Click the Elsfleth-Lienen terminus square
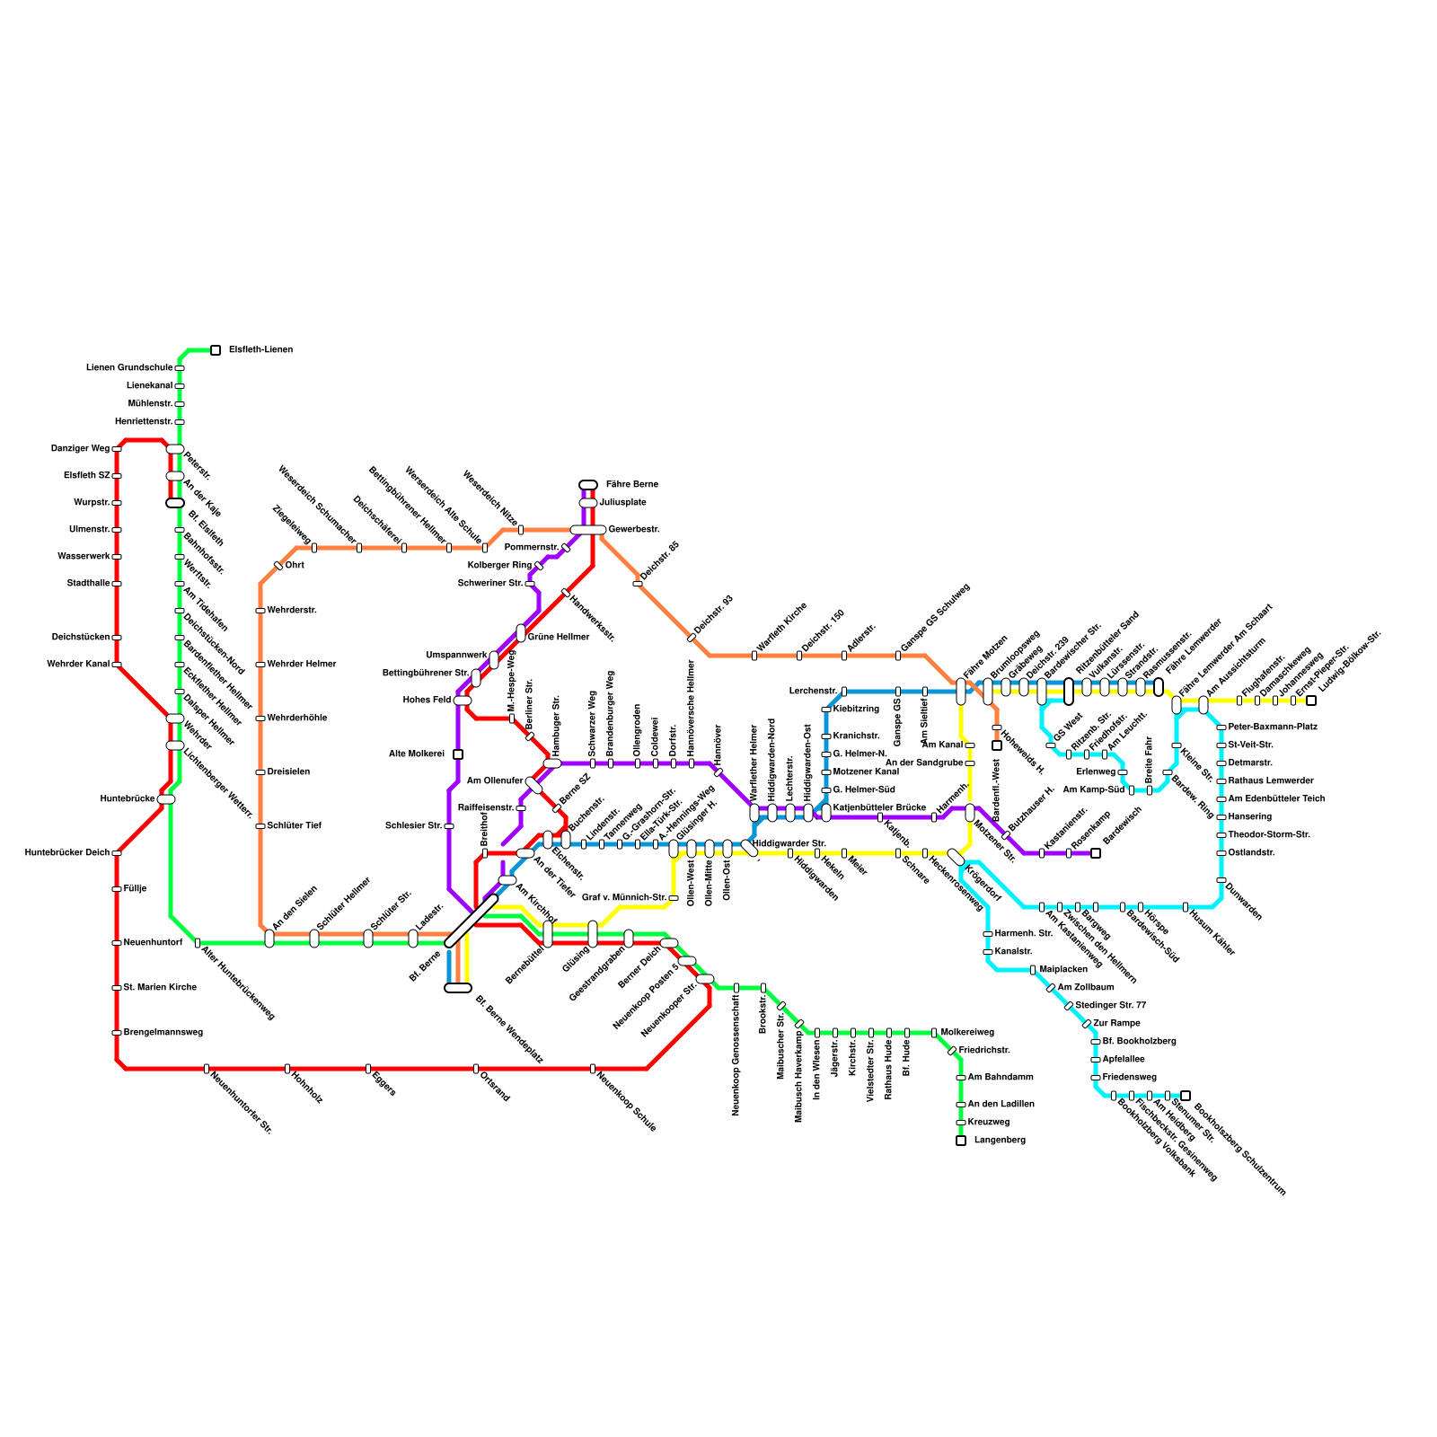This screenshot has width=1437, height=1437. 216,350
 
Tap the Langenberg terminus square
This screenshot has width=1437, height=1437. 961,1141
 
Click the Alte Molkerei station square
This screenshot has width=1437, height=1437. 458,754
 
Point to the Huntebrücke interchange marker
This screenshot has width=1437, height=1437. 166,799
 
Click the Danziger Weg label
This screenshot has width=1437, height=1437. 81,449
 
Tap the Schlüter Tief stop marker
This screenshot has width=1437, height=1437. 260,826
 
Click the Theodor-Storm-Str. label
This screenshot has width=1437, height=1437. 1268,835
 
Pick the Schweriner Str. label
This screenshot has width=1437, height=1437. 490,584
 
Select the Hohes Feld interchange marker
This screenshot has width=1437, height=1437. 463,701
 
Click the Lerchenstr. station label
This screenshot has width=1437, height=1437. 813,692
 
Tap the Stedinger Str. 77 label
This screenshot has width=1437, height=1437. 1110,1006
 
